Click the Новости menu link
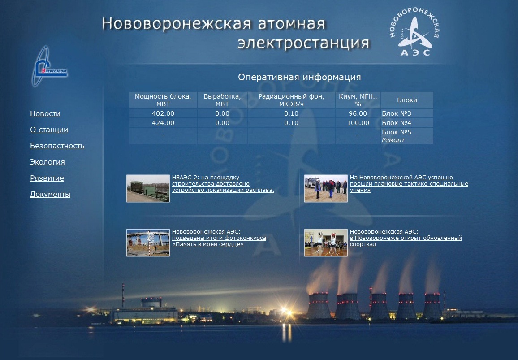[x=45, y=114]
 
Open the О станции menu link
[x=49, y=130]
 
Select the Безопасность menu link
[x=57, y=146]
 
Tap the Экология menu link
[x=47, y=162]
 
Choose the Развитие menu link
[x=47, y=178]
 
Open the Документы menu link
[x=50, y=195]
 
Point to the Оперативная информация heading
[x=299, y=77]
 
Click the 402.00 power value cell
[x=163, y=113]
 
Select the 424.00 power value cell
[x=163, y=123]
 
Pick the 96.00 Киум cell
[x=358, y=113]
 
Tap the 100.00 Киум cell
[x=358, y=123]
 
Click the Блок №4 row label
[x=397, y=123]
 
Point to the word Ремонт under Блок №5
[x=393, y=140]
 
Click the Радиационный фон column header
[x=291, y=100]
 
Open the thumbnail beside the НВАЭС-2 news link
[x=148, y=188]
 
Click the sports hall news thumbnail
[x=326, y=243]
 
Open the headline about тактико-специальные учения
[x=409, y=184]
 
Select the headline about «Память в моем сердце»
[x=219, y=238]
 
